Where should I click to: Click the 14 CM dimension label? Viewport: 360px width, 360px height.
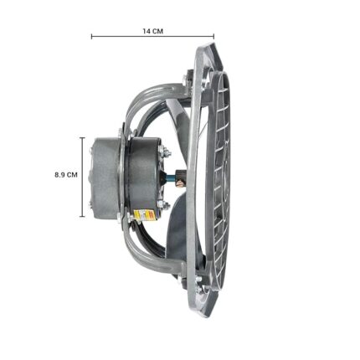(153, 31)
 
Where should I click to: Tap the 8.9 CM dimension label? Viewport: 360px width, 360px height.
(66, 175)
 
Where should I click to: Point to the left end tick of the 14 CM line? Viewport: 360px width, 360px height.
(91, 36)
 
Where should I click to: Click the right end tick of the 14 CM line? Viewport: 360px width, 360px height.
(213, 36)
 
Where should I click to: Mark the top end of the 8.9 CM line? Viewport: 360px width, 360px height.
(82, 138)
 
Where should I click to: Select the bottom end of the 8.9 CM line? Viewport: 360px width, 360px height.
(82, 216)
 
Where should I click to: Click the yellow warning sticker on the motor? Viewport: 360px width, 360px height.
(144, 216)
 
